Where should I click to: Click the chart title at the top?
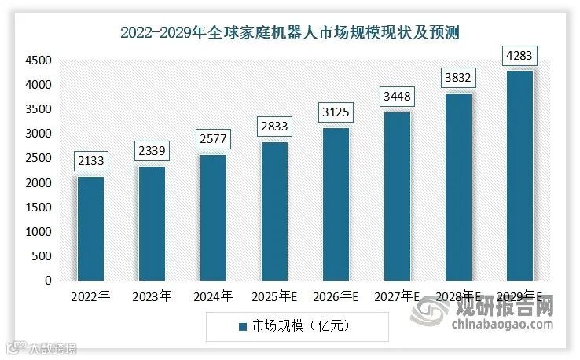[x=290, y=32]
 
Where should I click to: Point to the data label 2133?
[x=90, y=161]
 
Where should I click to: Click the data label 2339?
[x=152, y=151]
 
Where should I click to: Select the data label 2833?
[x=274, y=127]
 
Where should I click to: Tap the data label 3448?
[x=397, y=97]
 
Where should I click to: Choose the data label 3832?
[x=458, y=78]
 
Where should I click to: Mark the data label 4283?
[x=519, y=56]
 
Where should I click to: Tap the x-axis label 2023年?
[x=152, y=297]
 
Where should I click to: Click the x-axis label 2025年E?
[x=274, y=297]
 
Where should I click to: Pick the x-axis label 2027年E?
[x=397, y=297]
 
